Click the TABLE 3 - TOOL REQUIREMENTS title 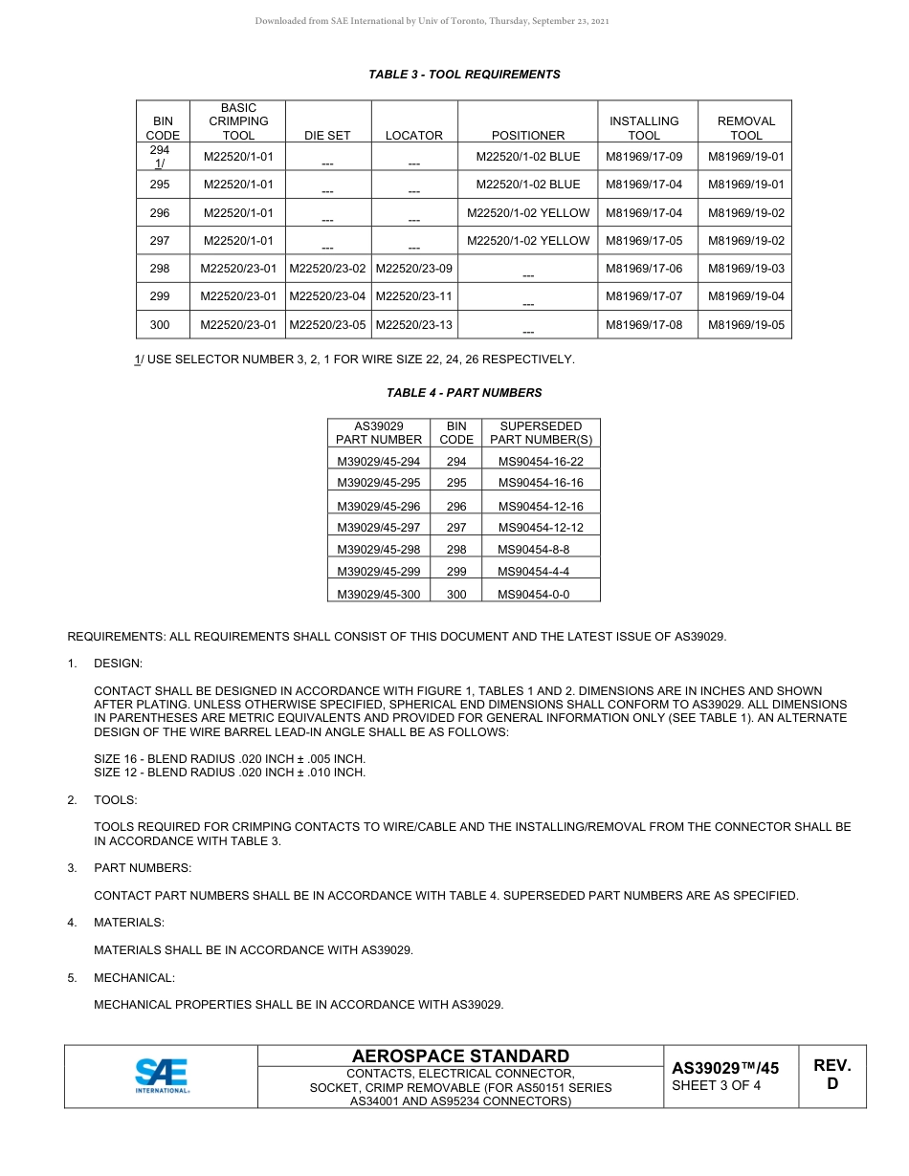464,75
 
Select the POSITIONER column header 528,136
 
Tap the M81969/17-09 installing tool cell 644,157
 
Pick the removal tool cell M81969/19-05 745,325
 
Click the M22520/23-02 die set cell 327,270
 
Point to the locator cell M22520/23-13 414,325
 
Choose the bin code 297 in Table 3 160,241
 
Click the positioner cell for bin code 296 528,213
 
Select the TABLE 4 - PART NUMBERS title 464,393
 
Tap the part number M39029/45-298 379,550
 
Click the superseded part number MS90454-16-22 541,462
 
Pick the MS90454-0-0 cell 533,595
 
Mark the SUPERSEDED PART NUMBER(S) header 541,433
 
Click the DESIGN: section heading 118,664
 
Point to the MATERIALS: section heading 129,924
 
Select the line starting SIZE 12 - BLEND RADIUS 230,773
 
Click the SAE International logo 162,1076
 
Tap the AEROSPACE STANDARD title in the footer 460,1056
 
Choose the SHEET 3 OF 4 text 717,1085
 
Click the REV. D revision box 831,1075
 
